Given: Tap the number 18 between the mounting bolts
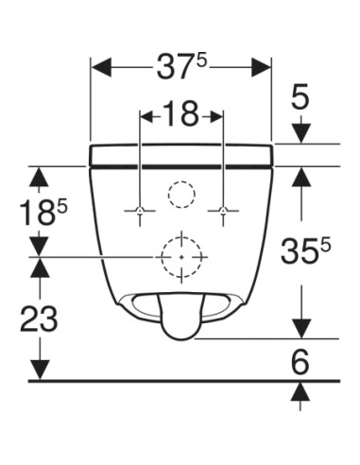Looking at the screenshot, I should point(181,114).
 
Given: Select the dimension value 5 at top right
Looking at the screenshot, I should point(300,97).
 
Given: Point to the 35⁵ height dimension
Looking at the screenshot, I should point(304,250).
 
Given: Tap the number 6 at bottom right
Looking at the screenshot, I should point(300,360).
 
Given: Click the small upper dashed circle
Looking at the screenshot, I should point(180,195).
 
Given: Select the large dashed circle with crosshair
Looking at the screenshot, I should point(181,256).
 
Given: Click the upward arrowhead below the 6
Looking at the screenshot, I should point(300,390).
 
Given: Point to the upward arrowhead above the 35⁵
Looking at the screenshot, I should point(300,175).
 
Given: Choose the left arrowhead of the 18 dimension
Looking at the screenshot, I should point(146,114).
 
